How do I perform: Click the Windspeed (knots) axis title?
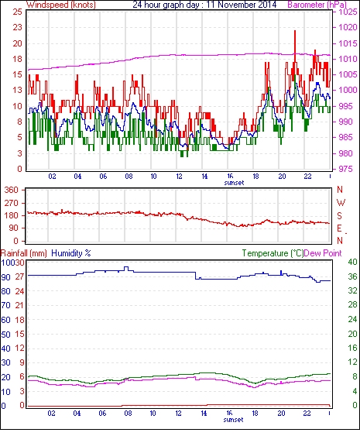[61, 5]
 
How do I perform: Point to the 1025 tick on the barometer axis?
[348, 12]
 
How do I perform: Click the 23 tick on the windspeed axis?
[17, 28]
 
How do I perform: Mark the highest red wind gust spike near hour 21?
[295, 31]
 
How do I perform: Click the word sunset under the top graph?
[234, 183]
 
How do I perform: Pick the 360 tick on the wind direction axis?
[12, 191]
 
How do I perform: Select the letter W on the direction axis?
[341, 203]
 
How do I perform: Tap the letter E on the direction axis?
[339, 228]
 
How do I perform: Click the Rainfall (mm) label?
[24, 253]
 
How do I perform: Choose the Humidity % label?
[71, 253]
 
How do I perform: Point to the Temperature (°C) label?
[273, 253]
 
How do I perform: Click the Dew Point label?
[323, 253]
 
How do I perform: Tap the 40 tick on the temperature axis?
[352, 262]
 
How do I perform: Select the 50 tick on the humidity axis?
[6, 335]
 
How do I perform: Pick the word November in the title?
[235, 5]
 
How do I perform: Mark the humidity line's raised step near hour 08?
[126, 267]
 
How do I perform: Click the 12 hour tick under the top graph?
[179, 177]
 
